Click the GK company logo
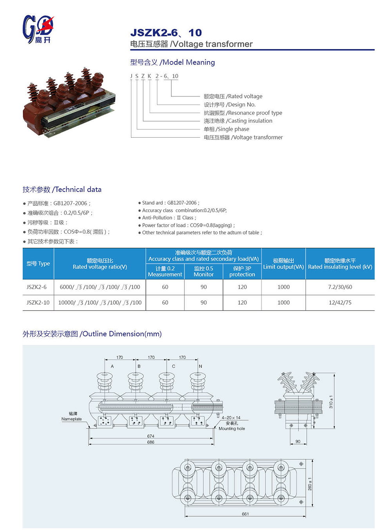38,29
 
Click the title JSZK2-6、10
166,33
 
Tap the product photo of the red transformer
69,102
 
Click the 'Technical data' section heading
62,189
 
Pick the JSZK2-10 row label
38,303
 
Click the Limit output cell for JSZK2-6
283,287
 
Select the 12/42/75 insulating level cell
340,303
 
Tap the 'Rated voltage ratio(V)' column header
100,264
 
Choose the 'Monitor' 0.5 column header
203,271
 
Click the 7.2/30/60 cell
340,287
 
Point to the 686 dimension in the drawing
151,442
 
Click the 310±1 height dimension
331,402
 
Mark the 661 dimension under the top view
245,514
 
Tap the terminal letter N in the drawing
200,366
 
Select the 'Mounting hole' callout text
232,428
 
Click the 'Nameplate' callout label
71,419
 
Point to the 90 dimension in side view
298,441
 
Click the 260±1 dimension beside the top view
310,484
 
